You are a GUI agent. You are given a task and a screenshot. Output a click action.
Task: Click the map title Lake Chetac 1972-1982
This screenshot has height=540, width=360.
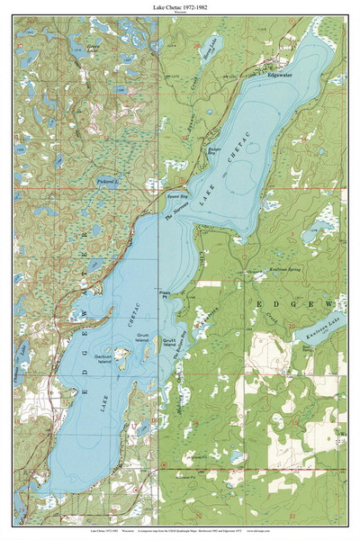pyautogui.click(x=180, y=7)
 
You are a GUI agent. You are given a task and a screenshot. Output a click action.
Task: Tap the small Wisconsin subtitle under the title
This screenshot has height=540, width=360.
pyautogui.click(x=180, y=14)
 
